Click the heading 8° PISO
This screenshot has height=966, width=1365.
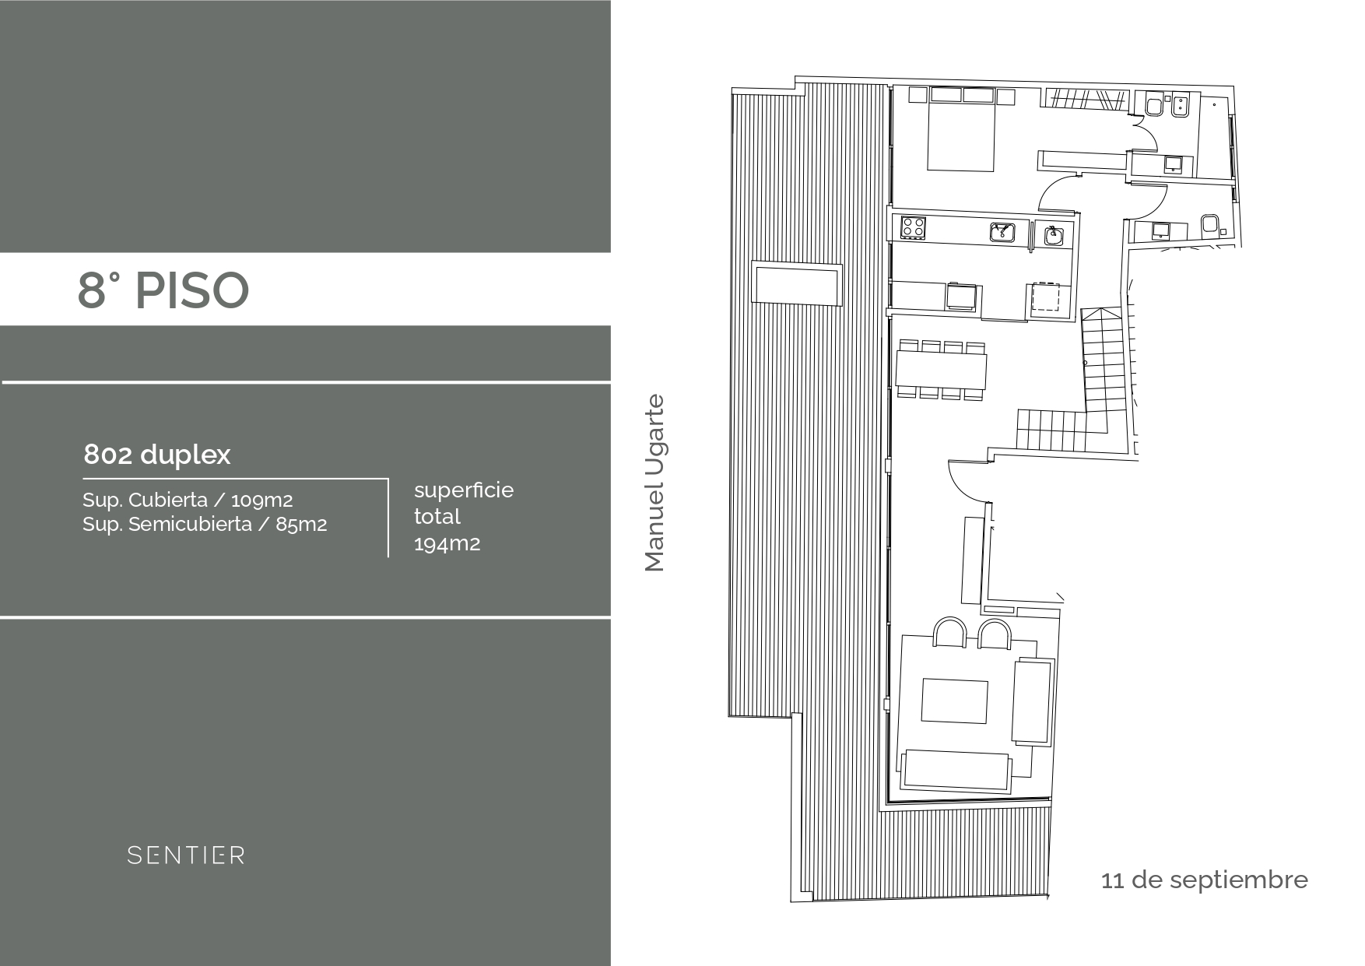(x=163, y=290)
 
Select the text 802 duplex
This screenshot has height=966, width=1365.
(x=157, y=455)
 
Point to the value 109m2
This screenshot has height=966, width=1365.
(x=262, y=501)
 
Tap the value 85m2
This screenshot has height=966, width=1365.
(x=301, y=525)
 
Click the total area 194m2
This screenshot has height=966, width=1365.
(x=447, y=543)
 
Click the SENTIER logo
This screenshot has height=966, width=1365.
(x=186, y=855)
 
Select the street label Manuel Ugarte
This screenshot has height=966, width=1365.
(x=655, y=483)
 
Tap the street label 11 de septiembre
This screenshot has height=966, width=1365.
(x=1205, y=880)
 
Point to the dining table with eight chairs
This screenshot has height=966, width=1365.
(x=942, y=370)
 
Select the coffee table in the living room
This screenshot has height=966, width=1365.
(x=955, y=701)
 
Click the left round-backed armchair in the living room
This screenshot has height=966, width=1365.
(x=949, y=633)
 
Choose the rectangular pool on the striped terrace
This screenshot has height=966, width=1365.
(x=796, y=283)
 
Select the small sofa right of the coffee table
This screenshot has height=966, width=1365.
(x=1033, y=700)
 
